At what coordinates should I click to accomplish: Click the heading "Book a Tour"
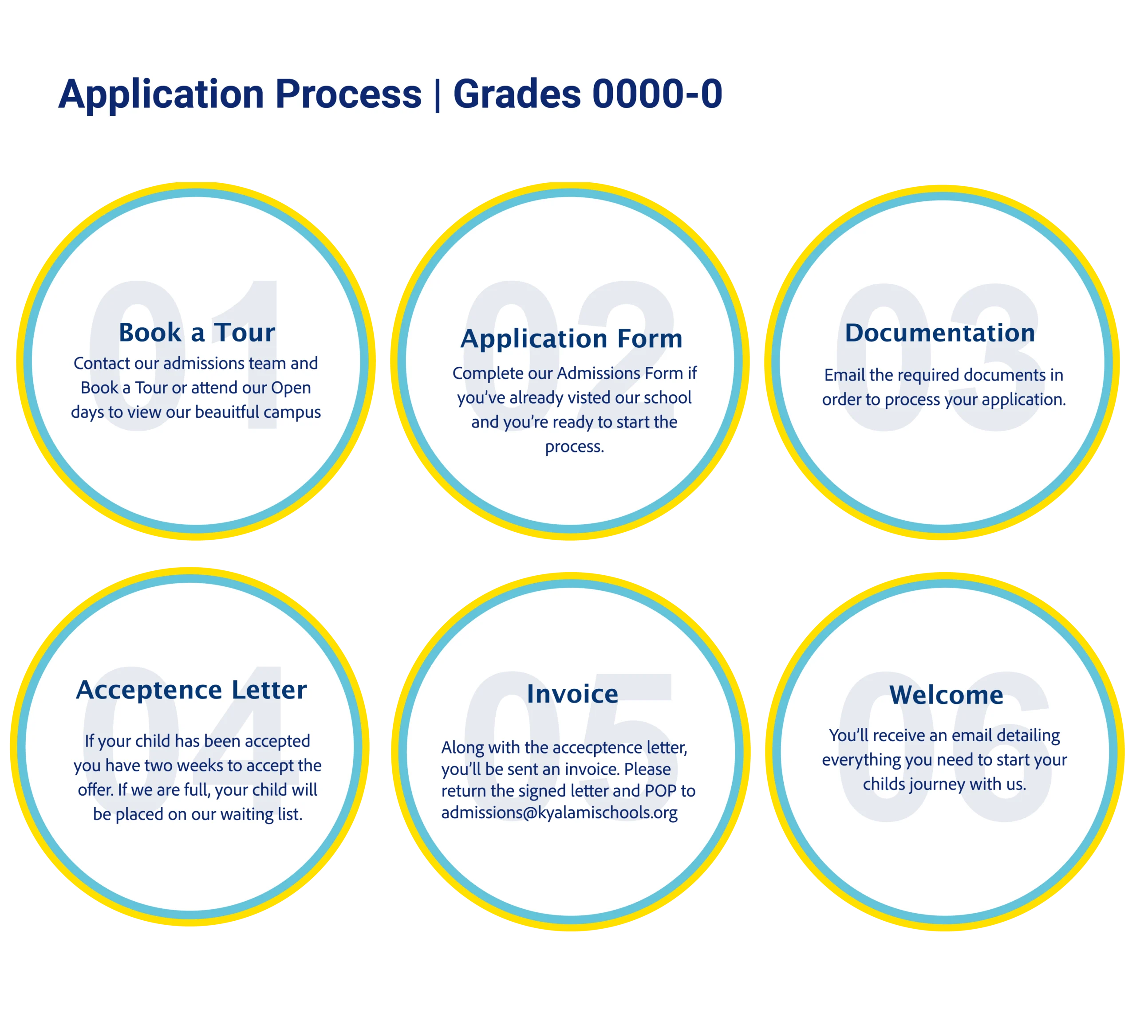(x=197, y=332)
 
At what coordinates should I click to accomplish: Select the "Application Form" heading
(x=572, y=338)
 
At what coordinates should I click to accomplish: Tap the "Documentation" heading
(x=940, y=333)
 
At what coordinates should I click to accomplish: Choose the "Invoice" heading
(x=572, y=694)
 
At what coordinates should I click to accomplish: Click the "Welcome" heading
(x=946, y=695)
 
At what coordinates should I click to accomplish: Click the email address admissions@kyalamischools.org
(x=559, y=813)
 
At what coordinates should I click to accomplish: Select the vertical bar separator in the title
(x=438, y=94)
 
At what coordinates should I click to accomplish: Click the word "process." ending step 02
(x=574, y=447)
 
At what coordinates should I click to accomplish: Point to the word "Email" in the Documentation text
(x=845, y=375)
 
